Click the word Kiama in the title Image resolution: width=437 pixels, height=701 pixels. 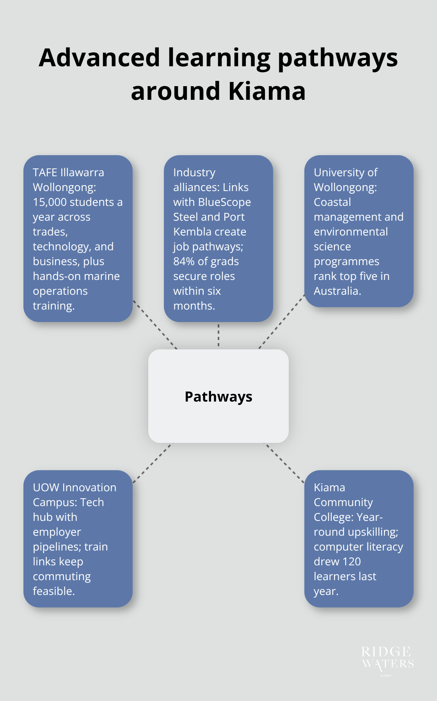[x=267, y=91]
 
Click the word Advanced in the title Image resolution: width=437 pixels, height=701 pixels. [x=99, y=58]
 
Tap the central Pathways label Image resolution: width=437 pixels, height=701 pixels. [x=218, y=397]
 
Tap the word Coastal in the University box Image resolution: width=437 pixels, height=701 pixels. [x=332, y=202]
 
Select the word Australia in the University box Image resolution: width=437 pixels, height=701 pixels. [x=337, y=291]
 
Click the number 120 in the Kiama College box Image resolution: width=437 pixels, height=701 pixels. [x=352, y=561]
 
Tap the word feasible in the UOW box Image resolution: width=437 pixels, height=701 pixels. [x=53, y=591]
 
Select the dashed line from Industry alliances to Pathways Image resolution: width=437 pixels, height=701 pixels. [x=218, y=335]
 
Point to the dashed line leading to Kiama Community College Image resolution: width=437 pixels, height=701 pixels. [x=284, y=463]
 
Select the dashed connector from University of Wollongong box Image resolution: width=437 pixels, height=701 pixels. [x=282, y=322]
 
